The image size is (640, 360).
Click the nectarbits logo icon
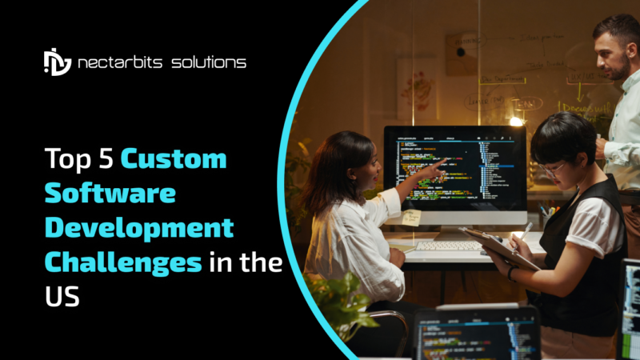[x=57, y=62]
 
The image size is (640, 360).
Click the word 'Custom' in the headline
[x=174, y=159]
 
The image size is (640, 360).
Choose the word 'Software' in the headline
[x=110, y=194]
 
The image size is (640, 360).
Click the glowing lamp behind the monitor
[x=516, y=121]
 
